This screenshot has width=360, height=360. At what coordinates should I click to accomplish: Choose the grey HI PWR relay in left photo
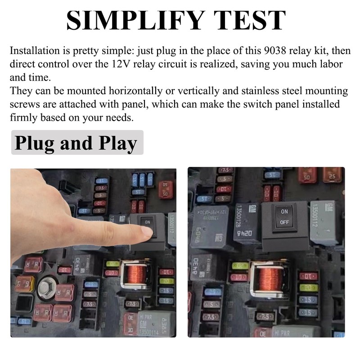click(148, 323)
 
